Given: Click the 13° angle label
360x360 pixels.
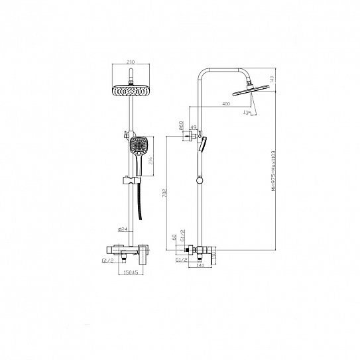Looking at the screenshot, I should coord(247,113).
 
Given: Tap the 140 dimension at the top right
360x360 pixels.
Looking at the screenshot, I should coord(270,80).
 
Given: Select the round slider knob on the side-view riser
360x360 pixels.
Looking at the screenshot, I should coord(198,179).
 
